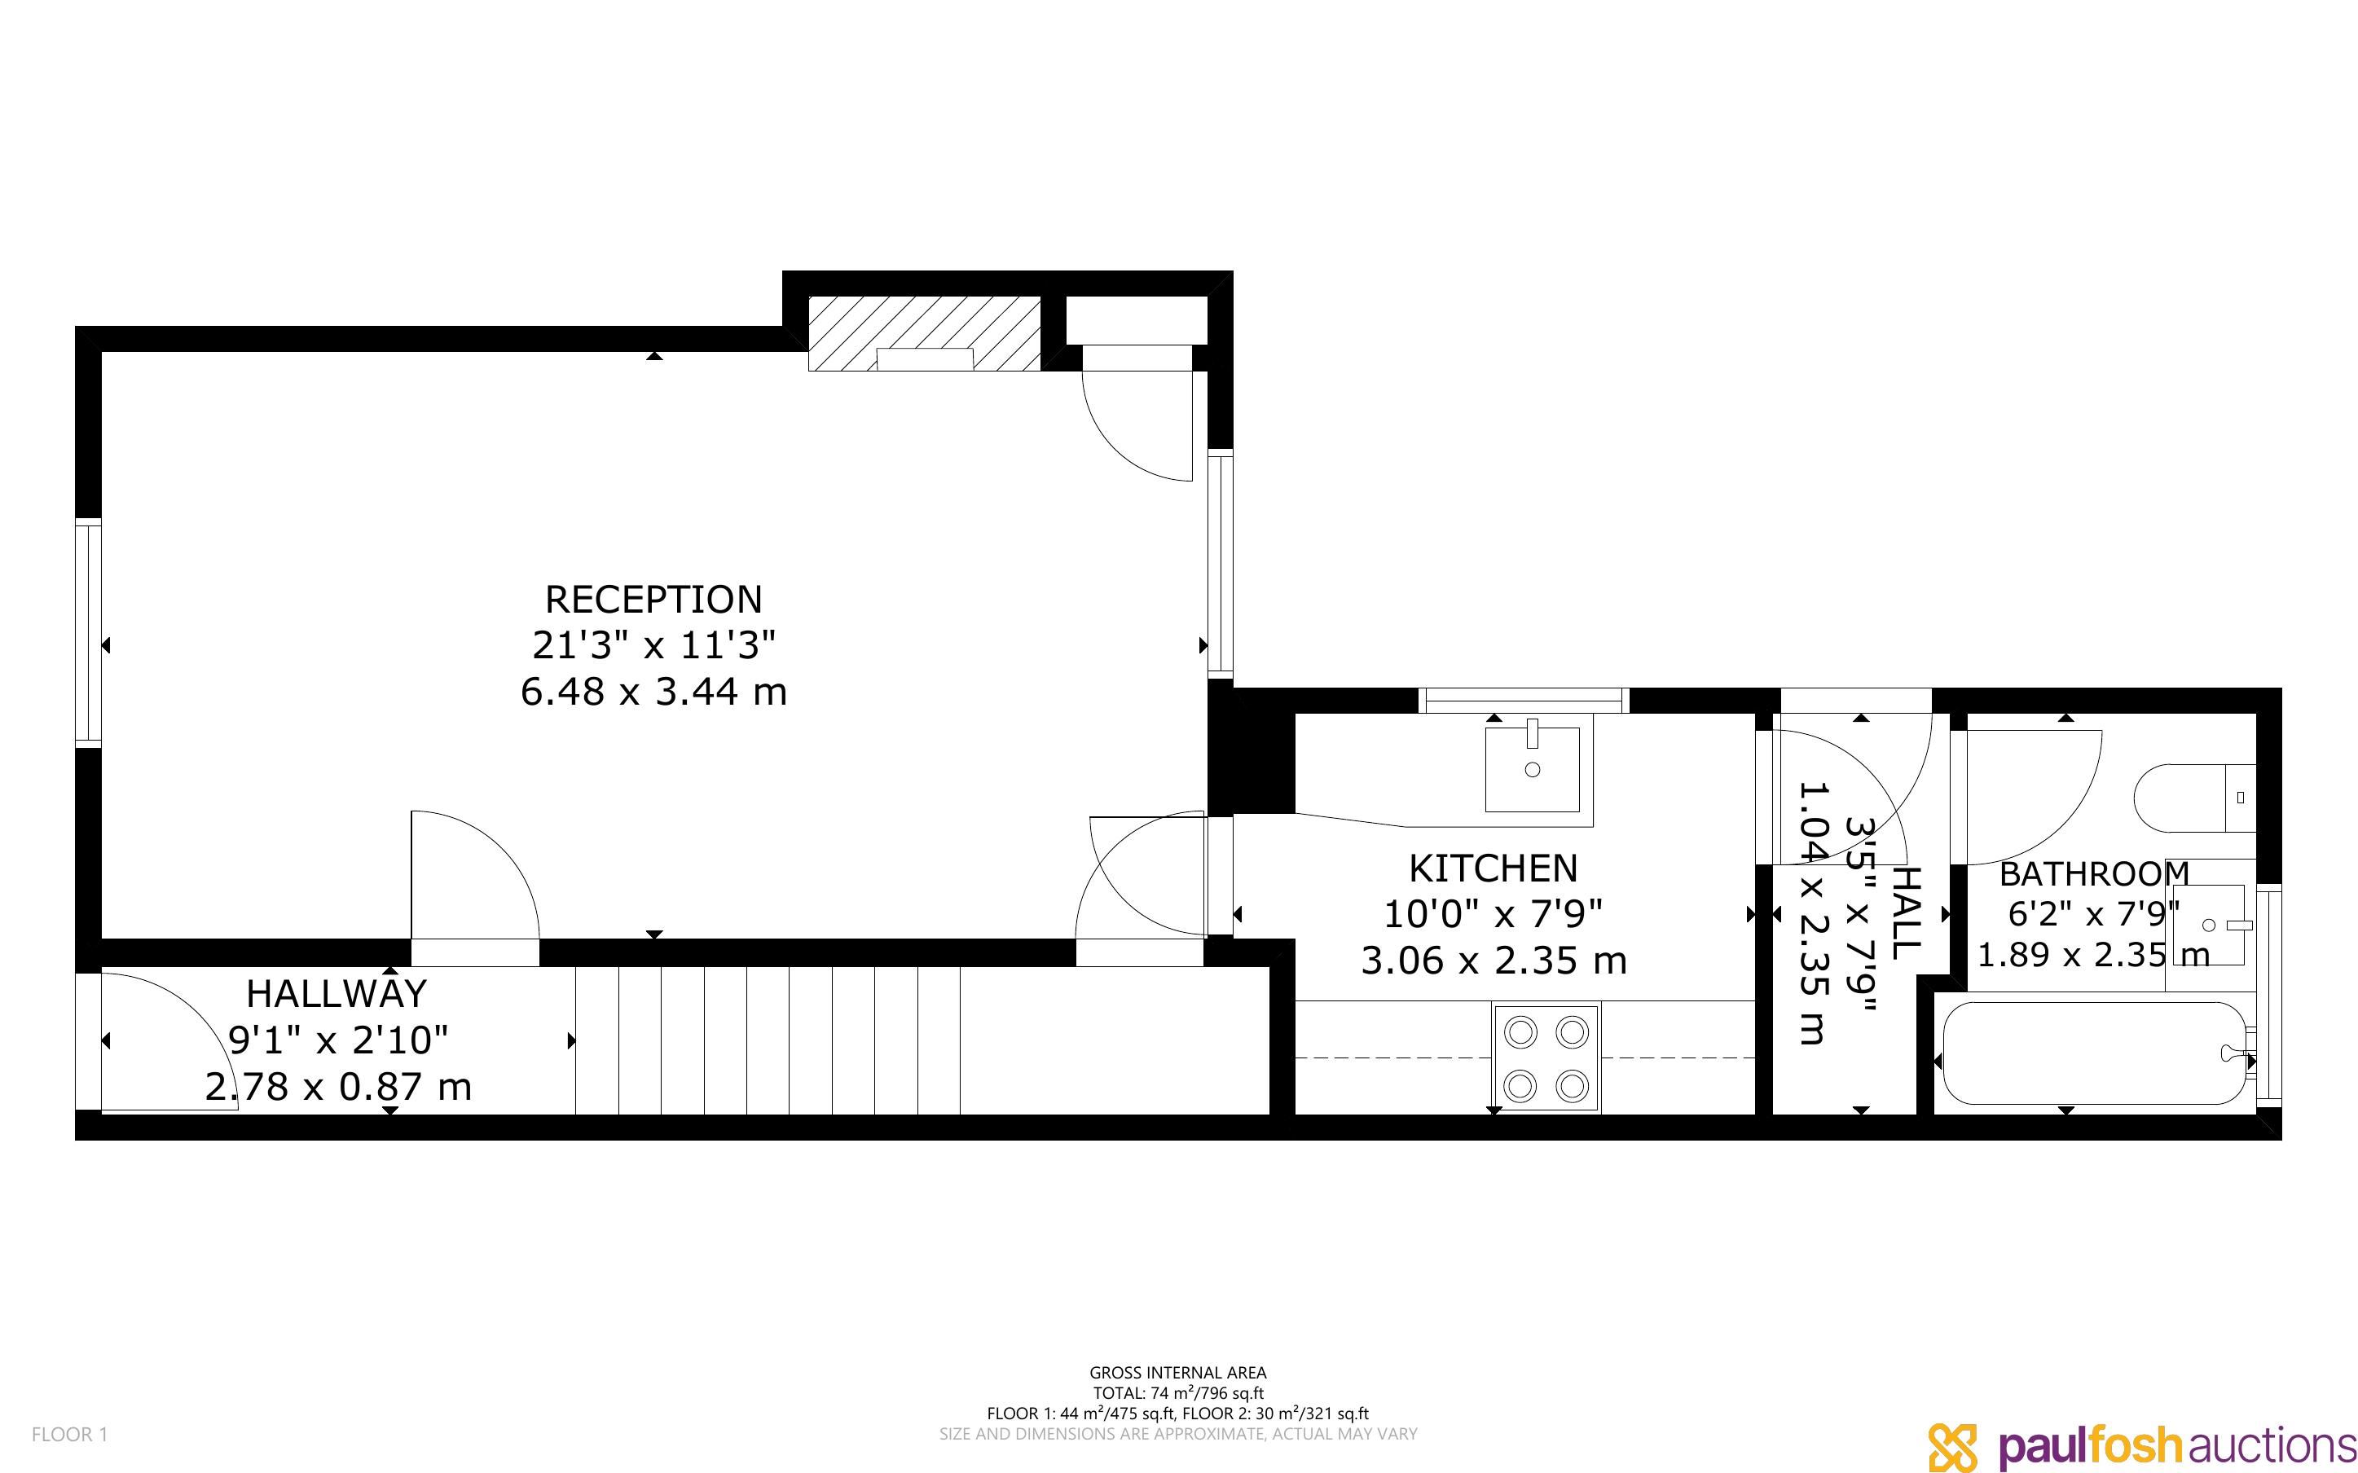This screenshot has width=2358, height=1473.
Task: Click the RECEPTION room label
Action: coord(653,599)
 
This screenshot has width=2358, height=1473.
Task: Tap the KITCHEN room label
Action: coord(1494,868)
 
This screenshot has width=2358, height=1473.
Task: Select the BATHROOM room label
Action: coord(2094,874)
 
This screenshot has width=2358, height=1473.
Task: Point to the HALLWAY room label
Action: coord(336,994)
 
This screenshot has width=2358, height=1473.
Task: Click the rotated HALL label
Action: coord(1906,914)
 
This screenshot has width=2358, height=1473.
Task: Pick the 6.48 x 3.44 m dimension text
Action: coord(653,692)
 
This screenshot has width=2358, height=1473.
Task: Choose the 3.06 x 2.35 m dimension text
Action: coord(1494,961)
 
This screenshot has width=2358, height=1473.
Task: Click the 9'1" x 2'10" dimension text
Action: coord(338,1040)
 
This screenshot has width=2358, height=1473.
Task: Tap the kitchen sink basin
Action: coord(1532,768)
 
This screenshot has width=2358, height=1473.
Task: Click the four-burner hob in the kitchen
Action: coord(1546,1058)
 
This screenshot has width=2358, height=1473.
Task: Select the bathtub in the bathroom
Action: coord(2094,1053)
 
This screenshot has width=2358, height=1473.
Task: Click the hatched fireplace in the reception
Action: coord(924,333)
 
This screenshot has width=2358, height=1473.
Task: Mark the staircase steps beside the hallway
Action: coord(768,1040)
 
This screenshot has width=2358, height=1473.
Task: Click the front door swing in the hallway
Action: coord(164,1040)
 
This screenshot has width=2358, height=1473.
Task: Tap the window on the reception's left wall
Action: coord(89,633)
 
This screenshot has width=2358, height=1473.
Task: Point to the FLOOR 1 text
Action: coord(70,1434)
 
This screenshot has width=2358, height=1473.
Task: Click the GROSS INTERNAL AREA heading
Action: coord(1177,1374)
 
